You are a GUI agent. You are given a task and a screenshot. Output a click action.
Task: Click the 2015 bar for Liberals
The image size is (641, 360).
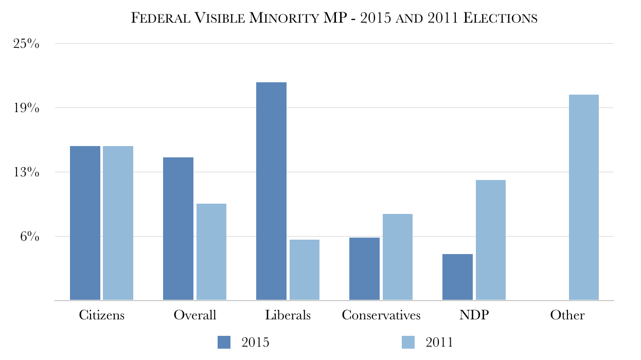click(x=271, y=191)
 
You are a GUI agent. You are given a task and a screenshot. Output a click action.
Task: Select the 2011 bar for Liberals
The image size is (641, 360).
click(x=305, y=269)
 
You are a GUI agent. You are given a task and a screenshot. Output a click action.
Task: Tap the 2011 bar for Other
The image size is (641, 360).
click(x=584, y=197)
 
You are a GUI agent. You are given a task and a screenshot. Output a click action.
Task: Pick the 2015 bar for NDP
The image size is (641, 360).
click(x=457, y=277)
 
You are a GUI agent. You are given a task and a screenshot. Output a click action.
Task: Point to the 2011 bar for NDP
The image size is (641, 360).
click(x=491, y=240)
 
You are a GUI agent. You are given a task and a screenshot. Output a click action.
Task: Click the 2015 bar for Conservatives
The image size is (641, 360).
click(x=364, y=268)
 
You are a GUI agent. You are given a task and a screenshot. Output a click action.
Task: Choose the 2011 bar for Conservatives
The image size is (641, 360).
click(x=398, y=257)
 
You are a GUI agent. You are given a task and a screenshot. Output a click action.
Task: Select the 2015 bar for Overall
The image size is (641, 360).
click(x=178, y=228)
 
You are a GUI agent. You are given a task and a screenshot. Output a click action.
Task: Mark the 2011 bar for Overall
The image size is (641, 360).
click(x=211, y=251)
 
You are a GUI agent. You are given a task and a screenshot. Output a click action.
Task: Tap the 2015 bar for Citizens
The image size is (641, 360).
click(x=85, y=223)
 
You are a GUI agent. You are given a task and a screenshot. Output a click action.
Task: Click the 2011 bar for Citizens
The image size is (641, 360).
click(x=118, y=223)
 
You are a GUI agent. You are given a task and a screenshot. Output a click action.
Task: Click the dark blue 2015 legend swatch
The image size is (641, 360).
click(x=225, y=343)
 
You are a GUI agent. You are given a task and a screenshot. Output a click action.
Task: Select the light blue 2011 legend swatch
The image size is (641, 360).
click(x=408, y=343)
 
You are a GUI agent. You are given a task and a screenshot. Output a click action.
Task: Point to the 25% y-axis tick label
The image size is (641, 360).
click(x=26, y=44)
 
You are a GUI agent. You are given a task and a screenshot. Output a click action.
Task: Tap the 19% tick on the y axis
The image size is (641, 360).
click(x=26, y=108)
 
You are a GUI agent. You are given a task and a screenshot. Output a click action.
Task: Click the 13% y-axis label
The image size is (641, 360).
click(x=26, y=172)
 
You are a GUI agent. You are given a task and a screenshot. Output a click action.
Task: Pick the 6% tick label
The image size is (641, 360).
click(x=29, y=237)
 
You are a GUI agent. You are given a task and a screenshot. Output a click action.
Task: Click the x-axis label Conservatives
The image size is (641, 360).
click(x=381, y=315)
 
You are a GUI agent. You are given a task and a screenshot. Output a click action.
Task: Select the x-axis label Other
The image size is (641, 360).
click(x=567, y=315)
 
